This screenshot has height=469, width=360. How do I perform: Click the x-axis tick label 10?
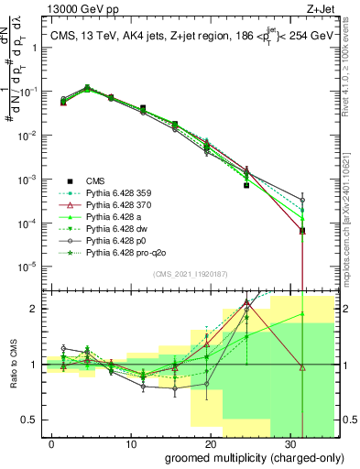[x=131, y=443]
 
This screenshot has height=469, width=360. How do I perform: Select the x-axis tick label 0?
[x=52, y=443]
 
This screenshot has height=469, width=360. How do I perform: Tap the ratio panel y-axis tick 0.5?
[x=36, y=420]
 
